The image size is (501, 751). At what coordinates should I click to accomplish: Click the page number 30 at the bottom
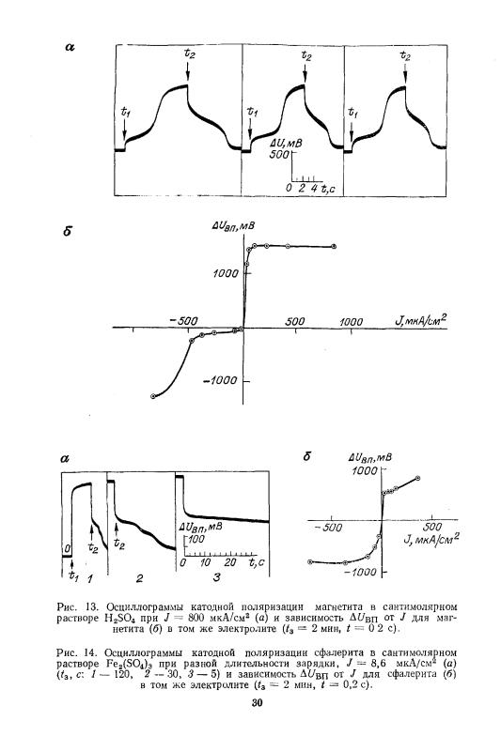pyautogui.click(x=257, y=702)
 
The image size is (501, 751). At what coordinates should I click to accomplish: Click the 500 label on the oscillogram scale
pyautogui.click(x=278, y=154)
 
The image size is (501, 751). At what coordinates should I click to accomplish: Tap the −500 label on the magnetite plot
pyautogui.click(x=184, y=320)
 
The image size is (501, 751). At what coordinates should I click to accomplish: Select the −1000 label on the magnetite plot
pyautogui.click(x=221, y=380)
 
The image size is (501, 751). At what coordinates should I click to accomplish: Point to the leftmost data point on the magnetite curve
pyautogui.click(x=153, y=396)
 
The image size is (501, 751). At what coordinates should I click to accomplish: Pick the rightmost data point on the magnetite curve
pyautogui.click(x=334, y=247)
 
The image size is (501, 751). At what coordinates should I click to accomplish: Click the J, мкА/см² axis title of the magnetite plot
pyautogui.click(x=421, y=319)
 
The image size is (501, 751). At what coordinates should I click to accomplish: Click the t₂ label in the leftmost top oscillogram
pyautogui.click(x=189, y=54)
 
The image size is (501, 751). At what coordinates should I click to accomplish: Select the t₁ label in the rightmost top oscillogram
pyautogui.click(x=352, y=113)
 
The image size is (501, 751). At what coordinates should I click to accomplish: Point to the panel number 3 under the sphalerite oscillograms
pyautogui.click(x=216, y=577)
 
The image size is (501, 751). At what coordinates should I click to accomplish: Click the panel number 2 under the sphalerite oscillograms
pyautogui.click(x=139, y=578)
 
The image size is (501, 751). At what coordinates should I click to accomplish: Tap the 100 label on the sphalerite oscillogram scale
pyautogui.click(x=196, y=539)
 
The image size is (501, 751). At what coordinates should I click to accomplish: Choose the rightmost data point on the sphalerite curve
pyautogui.click(x=417, y=478)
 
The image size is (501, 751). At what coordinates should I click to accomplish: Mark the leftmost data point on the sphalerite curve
pyautogui.click(x=309, y=561)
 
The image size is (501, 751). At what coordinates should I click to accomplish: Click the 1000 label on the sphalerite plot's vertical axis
pyautogui.click(x=365, y=471)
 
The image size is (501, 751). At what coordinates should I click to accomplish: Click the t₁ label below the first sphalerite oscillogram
pyautogui.click(x=72, y=575)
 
